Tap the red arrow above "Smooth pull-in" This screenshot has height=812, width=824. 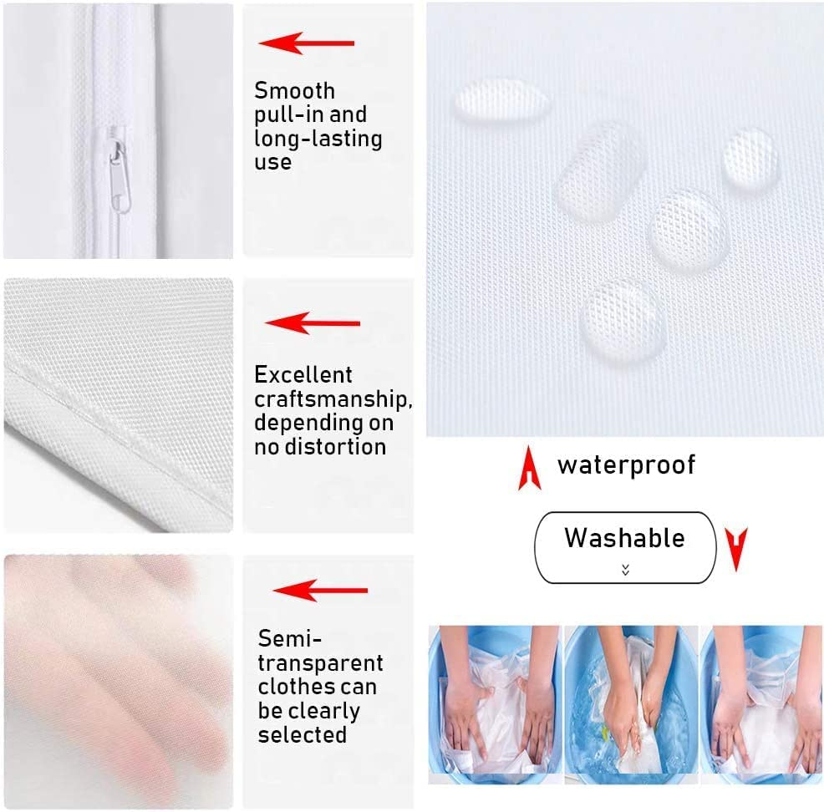(x=306, y=43)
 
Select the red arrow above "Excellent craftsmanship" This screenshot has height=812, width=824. (x=312, y=323)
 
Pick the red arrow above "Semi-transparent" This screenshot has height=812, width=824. (x=320, y=591)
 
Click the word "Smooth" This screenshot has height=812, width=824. (x=294, y=91)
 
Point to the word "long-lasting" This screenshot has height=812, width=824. (x=318, y=139)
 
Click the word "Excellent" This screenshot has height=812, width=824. (x=303, y=375)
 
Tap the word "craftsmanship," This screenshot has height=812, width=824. (x=333, y=398)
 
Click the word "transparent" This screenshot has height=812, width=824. (x=320, y=664)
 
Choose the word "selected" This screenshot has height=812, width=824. (x=302, y=735)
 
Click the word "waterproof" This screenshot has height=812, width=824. (x=626, y=465)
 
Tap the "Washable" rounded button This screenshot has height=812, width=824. (x=625, y=546)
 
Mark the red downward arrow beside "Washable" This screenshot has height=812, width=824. (x=735, y=548)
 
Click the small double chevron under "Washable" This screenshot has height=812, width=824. (x=625, y=570)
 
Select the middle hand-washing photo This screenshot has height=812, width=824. (x=631, y=704)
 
